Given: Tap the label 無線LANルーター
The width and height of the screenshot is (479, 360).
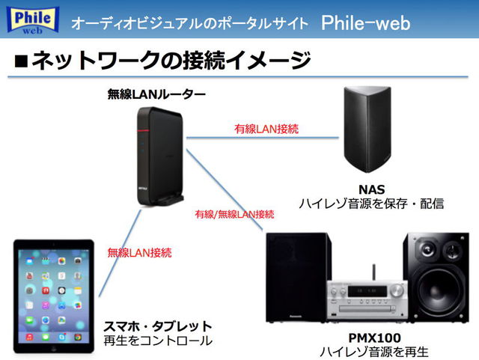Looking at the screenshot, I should [x=156, y=94].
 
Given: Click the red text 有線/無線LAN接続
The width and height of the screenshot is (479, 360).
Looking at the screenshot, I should [x=234, y=214].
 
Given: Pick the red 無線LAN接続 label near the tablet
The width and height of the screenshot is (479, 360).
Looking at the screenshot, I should [x=139, y=252].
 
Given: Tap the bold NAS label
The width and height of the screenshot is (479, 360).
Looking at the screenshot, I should [x=371, y=189].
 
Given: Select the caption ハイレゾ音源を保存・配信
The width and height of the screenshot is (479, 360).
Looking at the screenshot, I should [x=371, y=203].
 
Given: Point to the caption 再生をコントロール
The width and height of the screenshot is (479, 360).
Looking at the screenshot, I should [x=158, y=341].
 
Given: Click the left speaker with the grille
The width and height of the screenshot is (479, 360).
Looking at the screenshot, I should [x=296, y=281].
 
